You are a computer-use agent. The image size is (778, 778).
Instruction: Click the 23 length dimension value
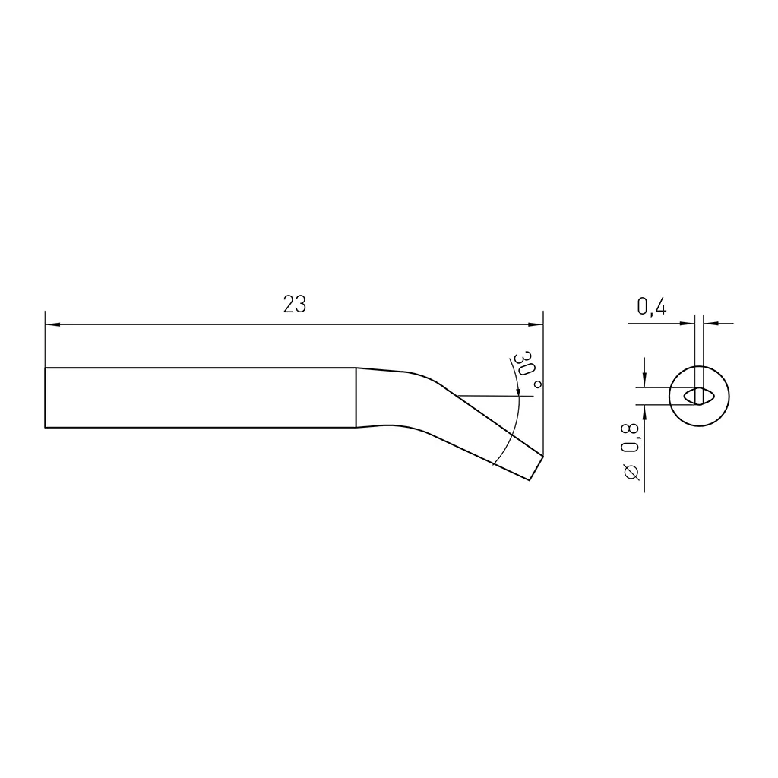pyautogui.click(x=295, y=305)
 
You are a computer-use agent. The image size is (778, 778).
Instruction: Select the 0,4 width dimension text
pyautogui.click(x=651, y=307)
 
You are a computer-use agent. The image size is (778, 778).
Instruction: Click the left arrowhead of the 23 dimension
pyautogui.click(x=52, y=325)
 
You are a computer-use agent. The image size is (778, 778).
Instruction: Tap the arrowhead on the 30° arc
pyautogui.click(x=519, y=391)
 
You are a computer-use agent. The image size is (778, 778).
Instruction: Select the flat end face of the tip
pyautogui.click(x=535, y=466)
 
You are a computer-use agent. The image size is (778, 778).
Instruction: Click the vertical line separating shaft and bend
pyautogui.click(x=356, y=397)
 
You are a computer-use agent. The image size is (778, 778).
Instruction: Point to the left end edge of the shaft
pyautogui.click(x=46, y=397)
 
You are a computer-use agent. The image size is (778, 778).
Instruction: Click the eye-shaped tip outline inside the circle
pyautogui.click(x=698, y=396)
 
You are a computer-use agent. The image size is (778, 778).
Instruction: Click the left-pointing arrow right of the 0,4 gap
pyautogui.click(x=710, y=324)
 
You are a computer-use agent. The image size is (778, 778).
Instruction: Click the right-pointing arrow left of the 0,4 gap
pyautogui.click(x=688, y=324)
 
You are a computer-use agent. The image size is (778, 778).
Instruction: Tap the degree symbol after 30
pyautogui.click(x=537, y=385)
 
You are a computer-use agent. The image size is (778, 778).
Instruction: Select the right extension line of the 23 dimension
pyautogui.click(x=544, y=380)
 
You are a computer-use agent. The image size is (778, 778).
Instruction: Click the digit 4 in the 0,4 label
pyautogui.click(x=661, y=307)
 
